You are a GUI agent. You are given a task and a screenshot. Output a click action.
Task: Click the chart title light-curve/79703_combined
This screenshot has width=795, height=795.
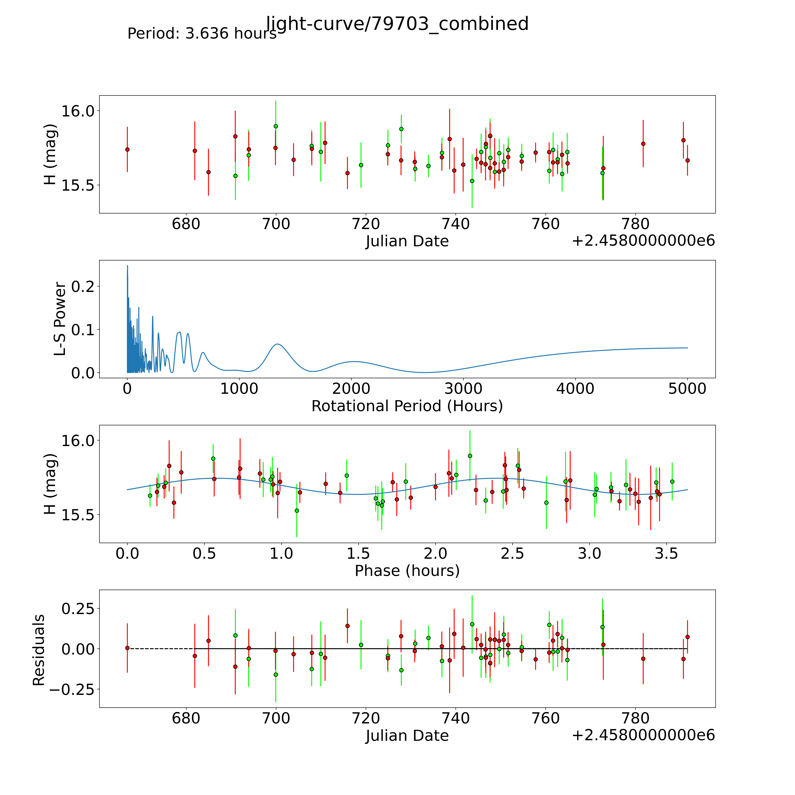coord(397,24)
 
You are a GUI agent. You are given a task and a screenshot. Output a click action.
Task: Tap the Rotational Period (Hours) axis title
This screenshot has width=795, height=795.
coord(407,406)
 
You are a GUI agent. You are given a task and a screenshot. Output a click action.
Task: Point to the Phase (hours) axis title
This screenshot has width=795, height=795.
coord(407,571)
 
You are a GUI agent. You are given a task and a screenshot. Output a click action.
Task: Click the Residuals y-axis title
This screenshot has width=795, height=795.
coord(39,650)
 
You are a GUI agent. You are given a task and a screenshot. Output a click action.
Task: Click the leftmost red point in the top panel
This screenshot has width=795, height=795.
coord(127,149)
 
